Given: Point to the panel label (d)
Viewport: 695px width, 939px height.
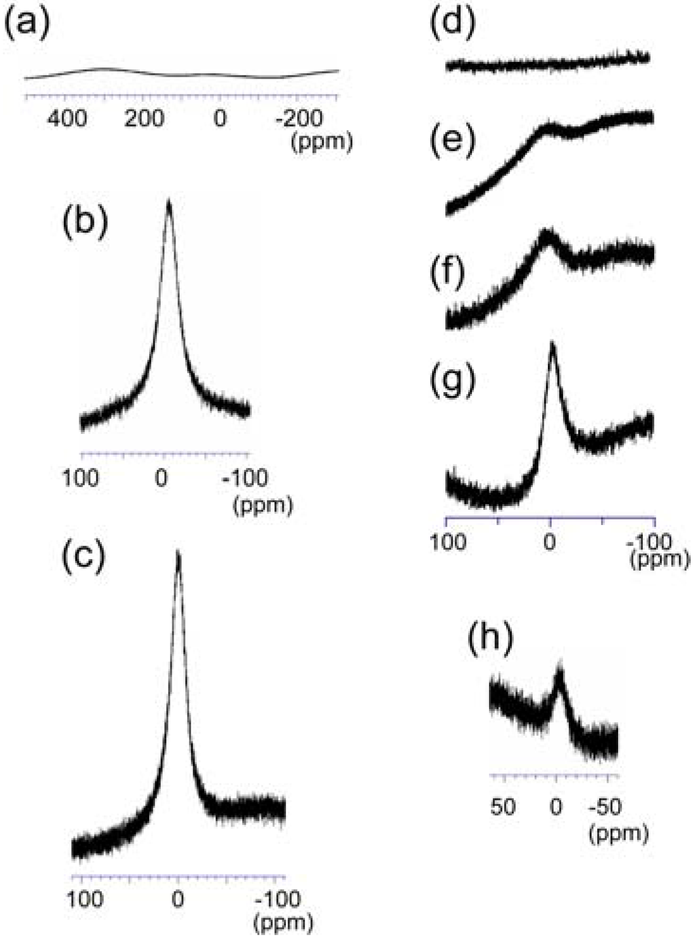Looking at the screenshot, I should [x=452, y=23].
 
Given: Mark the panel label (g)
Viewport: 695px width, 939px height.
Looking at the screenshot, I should [x=452, y=380].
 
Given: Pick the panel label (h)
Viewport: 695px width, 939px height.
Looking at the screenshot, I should [x=490, y=638].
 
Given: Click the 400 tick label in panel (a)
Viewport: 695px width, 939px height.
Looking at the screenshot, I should [x=67, y=118].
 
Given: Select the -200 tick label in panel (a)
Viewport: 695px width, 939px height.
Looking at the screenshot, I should [x=299, y=118].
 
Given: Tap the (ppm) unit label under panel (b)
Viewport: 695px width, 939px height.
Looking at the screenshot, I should [x=263, y=506].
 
